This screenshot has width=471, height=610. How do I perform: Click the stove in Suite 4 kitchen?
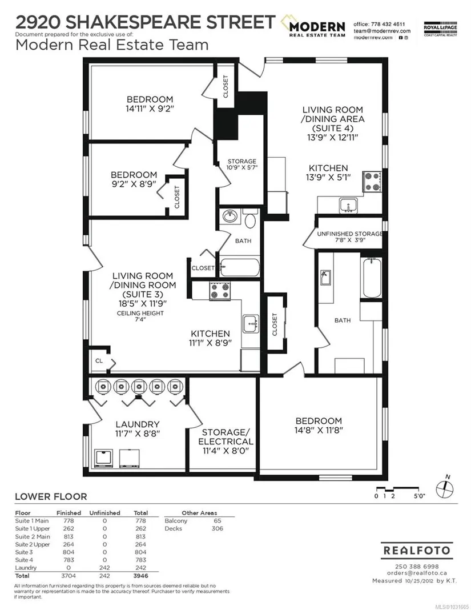(372, 182)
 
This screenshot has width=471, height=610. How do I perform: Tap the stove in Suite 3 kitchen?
(220, 291)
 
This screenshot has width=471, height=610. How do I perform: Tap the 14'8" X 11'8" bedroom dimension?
(319, 430)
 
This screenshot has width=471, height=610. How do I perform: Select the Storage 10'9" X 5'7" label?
(242, 164)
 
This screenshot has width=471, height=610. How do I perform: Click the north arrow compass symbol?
(444, 488)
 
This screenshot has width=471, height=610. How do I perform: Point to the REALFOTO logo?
(417, 551)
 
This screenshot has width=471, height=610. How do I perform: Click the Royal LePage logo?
(440, 29)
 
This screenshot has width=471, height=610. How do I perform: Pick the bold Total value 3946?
(140, 576)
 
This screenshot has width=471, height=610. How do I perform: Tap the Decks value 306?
(217, 528)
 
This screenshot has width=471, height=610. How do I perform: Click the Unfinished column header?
(104, 513)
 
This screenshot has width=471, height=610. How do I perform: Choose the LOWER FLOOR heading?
(51, 497)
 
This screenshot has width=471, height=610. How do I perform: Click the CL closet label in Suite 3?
(99, 360)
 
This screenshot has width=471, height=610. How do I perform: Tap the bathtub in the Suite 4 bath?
(371, 278)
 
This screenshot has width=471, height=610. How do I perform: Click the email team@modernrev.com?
(381, 31)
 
